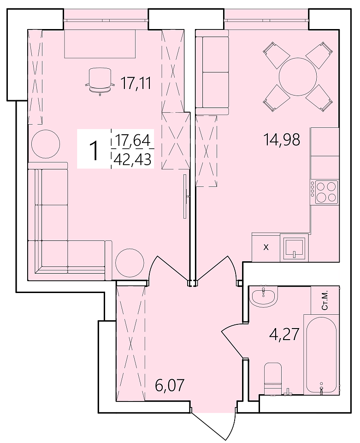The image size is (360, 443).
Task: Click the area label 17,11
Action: pyautogui.click(x=136, y=83)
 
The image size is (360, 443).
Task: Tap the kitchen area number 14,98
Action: pyautogui.click(x=281, y=139)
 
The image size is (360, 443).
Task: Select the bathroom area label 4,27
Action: pyautogui.click(x=283, y=335)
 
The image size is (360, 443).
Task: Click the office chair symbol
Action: pyautogui.click(x=100, y=82)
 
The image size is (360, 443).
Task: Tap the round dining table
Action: pyautogui.click(x=298, y=76)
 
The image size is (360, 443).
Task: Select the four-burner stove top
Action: pyautogui.click(x=324, y=192)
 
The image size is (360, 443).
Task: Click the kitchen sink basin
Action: pyautogui.click(x=295, y=248)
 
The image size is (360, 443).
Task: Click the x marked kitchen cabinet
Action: pyautogui.click(x=266, y=247)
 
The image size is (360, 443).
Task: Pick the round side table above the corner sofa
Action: pyautogui.click(x=46, y=144)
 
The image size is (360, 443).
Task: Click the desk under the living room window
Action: pyautogui.click(x=100, y=44)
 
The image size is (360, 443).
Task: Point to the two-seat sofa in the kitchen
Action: pyautogui.click(x=212, y=72)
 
